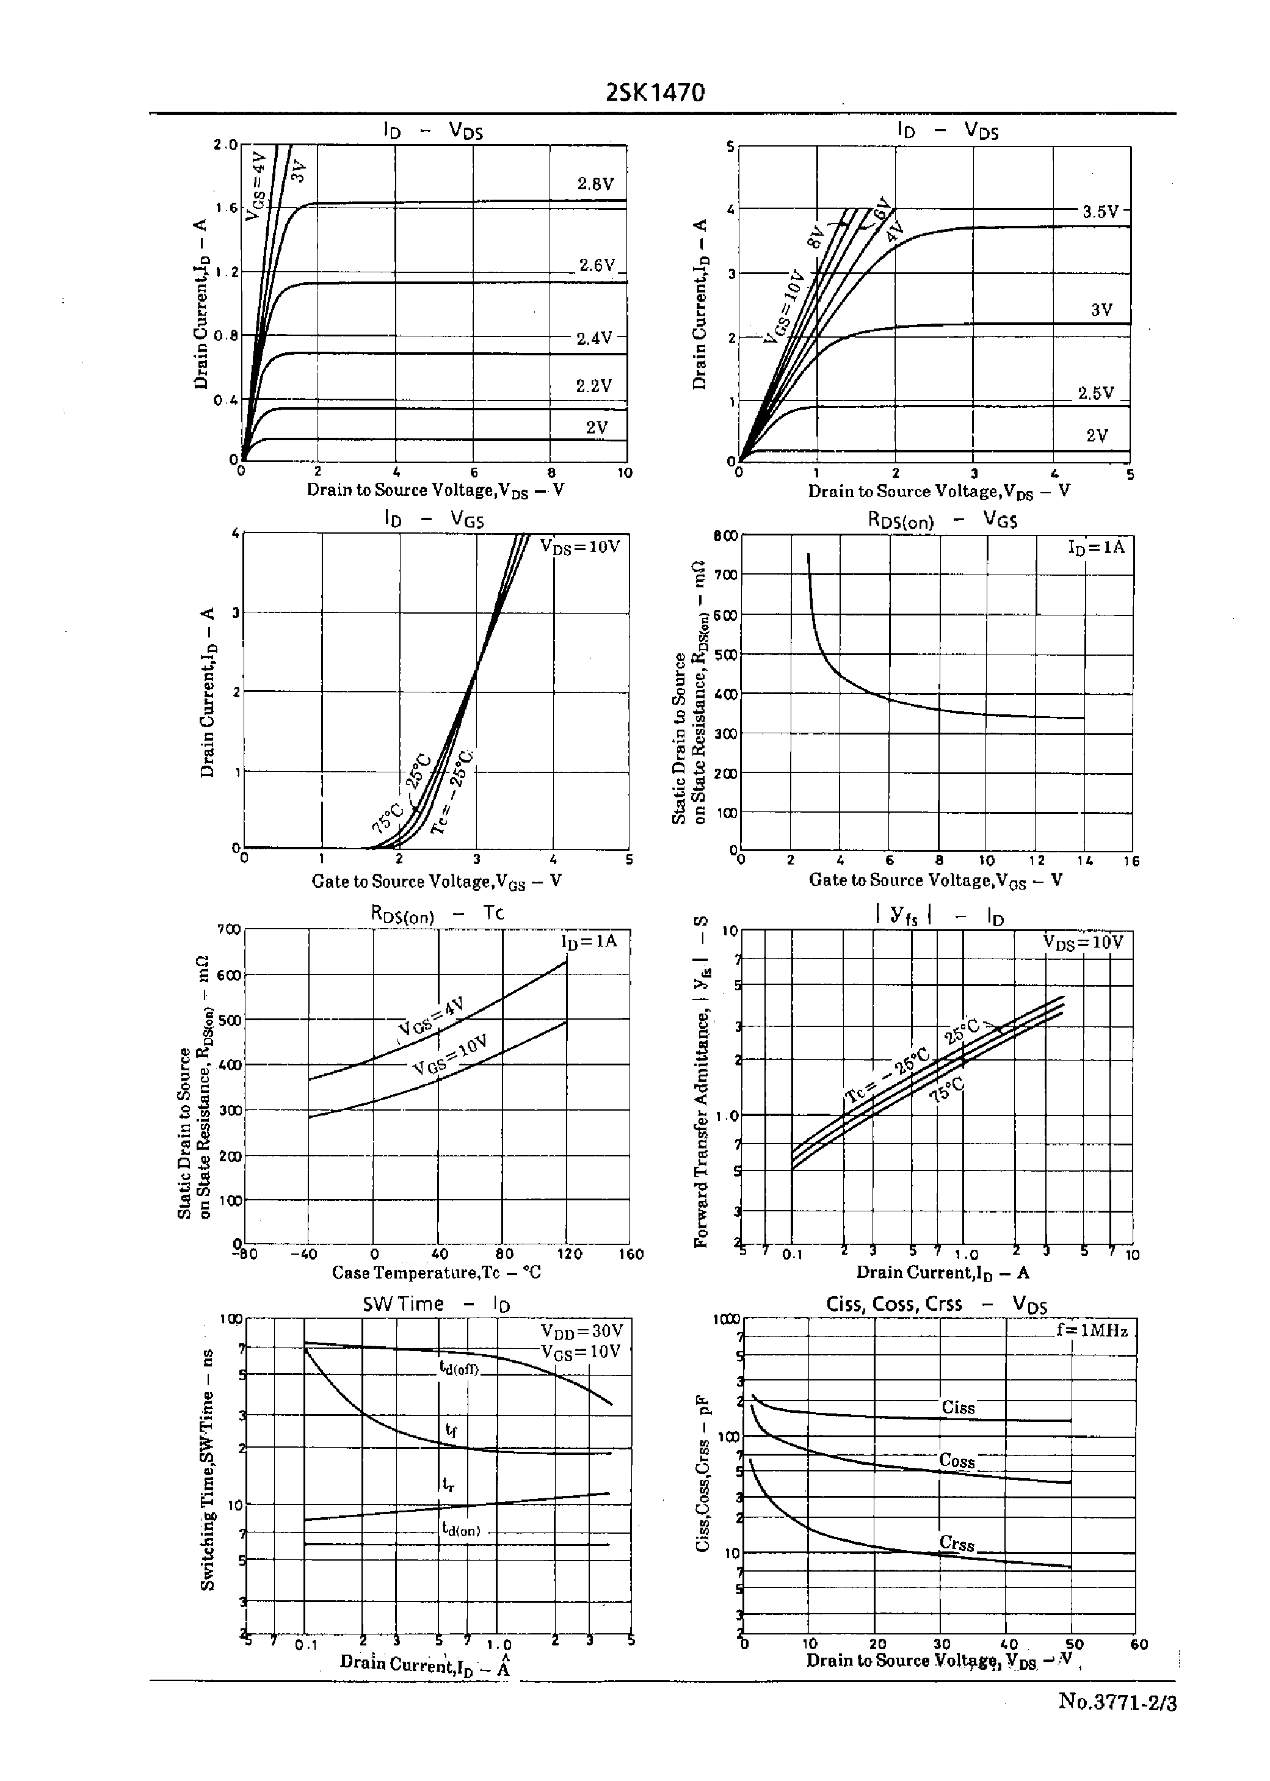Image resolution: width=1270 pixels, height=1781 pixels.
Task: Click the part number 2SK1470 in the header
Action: tap(655, 93)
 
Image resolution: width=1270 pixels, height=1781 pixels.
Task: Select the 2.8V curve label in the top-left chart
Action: tap(596, 184)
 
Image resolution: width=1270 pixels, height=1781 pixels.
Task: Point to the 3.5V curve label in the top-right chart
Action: tap(1101, 211)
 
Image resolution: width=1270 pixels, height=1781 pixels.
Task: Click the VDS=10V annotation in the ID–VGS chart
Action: tap(580, 546)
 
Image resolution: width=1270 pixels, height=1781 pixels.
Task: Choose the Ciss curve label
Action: tap(958, 1408)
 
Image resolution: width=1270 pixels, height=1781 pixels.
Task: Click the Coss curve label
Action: tap(957, 1460)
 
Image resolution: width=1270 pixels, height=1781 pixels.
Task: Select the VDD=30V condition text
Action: tap(582, 1330)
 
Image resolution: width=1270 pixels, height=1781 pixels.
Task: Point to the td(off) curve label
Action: tap(460, 1368)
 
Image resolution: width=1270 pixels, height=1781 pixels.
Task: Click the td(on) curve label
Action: tap(462, 1530)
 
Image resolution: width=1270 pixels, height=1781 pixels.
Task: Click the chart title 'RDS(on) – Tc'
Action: tap(437, 913)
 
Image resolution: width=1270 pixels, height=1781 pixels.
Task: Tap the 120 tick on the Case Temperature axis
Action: tap(568, 1254)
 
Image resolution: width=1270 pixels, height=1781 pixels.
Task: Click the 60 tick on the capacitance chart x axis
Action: tap(1139, 1645)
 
